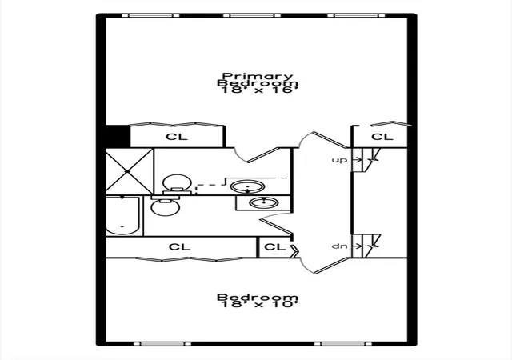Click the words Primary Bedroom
(x=258, y=80)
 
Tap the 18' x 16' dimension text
(x=260, y=90)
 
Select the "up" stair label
(x=339, y=160)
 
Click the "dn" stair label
(x=339, y=246)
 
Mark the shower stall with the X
(x=130, y=171)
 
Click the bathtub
(x=123, y=215)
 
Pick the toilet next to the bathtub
(x=166, y=206)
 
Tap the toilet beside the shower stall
(x=177, y=185)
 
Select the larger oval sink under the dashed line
(x=247, y=187)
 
